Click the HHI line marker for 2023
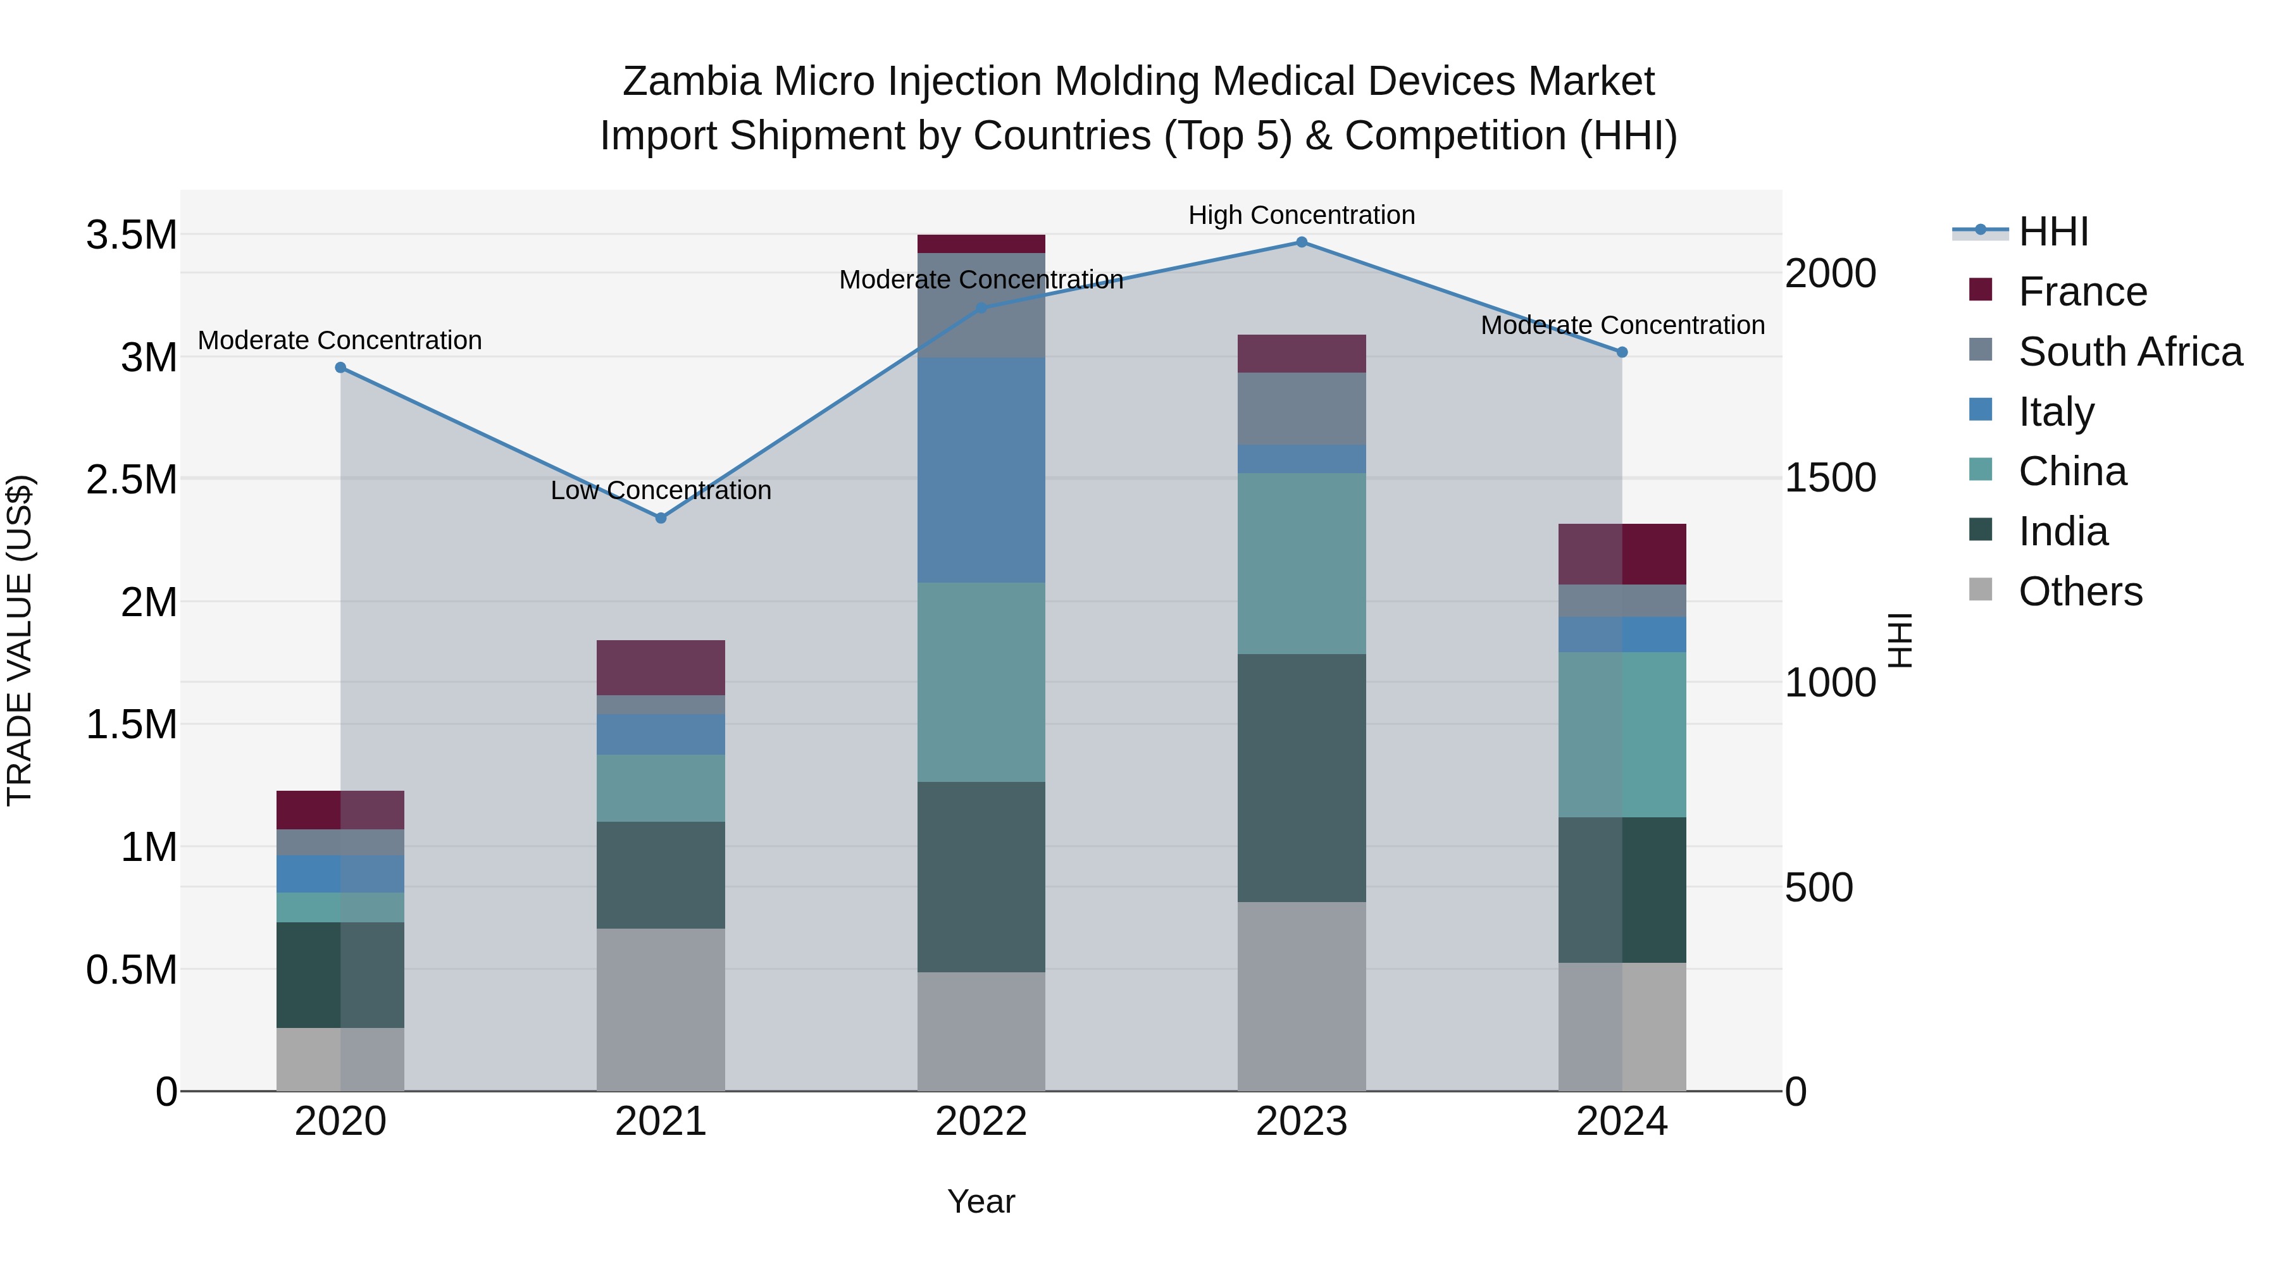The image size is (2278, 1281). [1301, 242]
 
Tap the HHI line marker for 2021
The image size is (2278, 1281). [661, 518]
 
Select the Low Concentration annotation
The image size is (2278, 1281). [661, 491]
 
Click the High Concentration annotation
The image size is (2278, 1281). [1301, 216]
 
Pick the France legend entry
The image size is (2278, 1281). [2082, 292]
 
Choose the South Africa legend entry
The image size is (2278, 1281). [2129, 352]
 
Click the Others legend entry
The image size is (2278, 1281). [2080, 591]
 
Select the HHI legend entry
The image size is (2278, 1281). [2053, 232]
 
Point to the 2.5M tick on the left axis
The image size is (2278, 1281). [132, 480]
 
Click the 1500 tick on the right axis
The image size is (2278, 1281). [1829, 478]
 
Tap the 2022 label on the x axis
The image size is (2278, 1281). [981, 1122]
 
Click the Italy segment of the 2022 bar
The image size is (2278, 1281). [981, 469]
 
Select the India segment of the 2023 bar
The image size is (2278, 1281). [1301, 778]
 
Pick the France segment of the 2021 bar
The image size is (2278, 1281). [661, 667]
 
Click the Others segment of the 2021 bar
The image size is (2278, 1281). [661, 1010]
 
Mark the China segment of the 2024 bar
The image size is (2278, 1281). [1622, 734]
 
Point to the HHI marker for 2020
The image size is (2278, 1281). [340, 368]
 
